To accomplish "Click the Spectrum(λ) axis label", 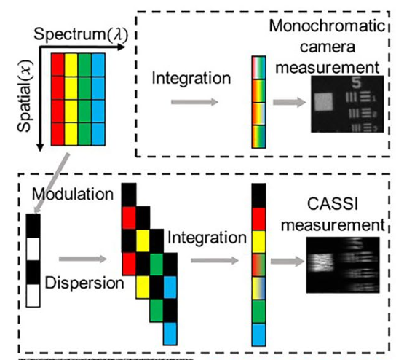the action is tap(81, 34).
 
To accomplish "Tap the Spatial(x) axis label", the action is tap(25, 95).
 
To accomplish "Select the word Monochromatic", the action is tap(327, 26).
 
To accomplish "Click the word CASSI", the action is tap(333, 204).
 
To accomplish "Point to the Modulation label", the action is tap(73, 194).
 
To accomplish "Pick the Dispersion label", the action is tap(84, 283).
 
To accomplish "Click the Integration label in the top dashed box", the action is tap(191, 79).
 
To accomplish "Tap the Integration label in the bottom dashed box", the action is tap(207, 238).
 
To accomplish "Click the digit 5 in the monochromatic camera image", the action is tap(356, 82).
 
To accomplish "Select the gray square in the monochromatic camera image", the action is tap(323, 101).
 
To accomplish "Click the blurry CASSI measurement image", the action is tap(343, 265).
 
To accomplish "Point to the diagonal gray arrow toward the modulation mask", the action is tap(52, 183).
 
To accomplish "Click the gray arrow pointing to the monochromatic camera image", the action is tap(290, 102).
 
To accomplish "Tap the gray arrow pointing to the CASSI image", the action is tap(288, 262).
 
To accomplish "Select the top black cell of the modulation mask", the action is tap(33, 226).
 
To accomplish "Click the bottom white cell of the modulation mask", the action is tap(33, 296).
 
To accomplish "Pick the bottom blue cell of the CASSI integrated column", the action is tap(259, 334).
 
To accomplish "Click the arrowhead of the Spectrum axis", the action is tap(122, 47).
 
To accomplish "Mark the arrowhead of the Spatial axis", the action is tap(40, 148).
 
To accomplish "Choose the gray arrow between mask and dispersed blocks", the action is tap(83, 259).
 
